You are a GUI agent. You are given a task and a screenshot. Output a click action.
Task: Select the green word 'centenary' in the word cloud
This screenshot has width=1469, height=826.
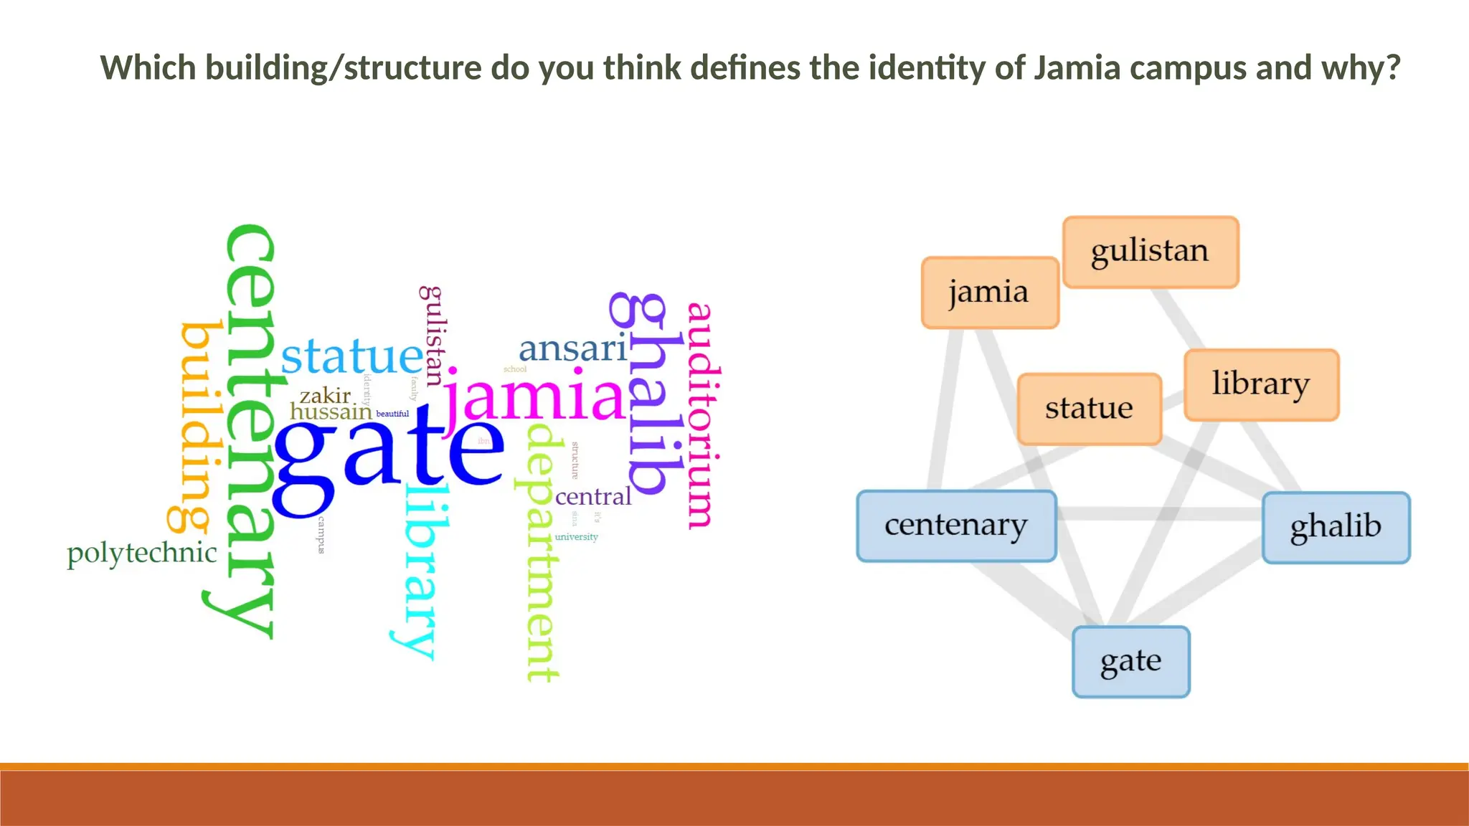click(x=250, y=430)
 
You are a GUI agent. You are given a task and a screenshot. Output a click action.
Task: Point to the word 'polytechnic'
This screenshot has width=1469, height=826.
click(x=141, y=554)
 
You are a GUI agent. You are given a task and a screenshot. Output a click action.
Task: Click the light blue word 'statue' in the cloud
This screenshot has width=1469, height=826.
click(x=351, y=356)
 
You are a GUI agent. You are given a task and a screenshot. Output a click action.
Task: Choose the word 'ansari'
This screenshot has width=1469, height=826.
click(x=572, y=349)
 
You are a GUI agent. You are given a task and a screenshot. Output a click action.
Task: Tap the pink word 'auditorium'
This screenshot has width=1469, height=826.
click(x=701, y=416)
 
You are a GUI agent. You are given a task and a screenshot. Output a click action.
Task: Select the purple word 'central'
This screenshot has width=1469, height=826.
click(x=593, y=496)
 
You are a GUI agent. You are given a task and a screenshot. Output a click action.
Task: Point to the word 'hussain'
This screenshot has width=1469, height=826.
click(x=331, y=412)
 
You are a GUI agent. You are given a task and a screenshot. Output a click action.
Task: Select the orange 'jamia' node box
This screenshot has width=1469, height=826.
click(x=990, y=293)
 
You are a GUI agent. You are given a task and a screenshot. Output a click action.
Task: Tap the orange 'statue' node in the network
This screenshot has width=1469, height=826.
click(x=1089, y=409)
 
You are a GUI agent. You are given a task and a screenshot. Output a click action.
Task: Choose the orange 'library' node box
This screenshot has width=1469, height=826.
click(x=1261, y=385)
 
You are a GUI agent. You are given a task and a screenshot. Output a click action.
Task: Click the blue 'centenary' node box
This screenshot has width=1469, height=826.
click(x=956, y=526)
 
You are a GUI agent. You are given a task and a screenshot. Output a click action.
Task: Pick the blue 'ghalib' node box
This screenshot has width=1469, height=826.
click(x=1336, y=527)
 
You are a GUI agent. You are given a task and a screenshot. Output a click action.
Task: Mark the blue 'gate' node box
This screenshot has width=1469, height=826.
click(x=1130, y=661)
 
